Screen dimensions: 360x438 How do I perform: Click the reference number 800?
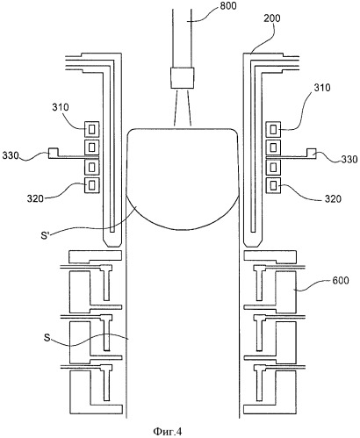point(228,5)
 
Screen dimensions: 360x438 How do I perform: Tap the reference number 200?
point(272,18)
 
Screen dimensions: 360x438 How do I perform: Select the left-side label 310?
point(61,107)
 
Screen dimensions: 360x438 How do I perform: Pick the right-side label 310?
point(322,88)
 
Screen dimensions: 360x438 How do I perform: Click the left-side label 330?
point(11,155)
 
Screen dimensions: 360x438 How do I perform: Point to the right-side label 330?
point(349,159)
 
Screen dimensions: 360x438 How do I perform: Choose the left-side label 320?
point(35,198)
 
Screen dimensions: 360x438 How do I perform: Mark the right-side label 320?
point(333,199)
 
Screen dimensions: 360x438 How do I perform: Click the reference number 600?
point(341,280)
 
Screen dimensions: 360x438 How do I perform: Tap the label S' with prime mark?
point(45,235)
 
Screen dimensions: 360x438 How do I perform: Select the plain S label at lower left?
point(47,338)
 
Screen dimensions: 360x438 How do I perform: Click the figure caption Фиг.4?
point(168,431)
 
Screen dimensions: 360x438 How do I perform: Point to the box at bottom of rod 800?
point(183,78)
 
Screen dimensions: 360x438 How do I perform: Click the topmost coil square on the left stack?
point(92,129)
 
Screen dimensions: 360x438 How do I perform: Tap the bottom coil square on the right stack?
point(273,185)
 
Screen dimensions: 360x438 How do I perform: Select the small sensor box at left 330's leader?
point(54,153)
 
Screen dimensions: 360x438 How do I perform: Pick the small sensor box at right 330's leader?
point(312,153)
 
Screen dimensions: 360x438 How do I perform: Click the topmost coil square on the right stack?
point(273,129)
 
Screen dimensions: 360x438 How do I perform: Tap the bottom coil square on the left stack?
point(92,185)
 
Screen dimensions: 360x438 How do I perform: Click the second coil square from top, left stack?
point(92,147)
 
